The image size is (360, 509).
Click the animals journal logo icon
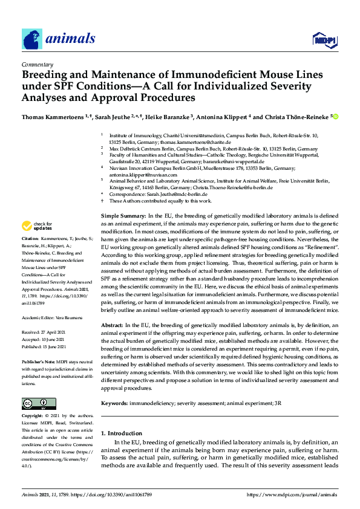pyautogui.click(x=32, y=39)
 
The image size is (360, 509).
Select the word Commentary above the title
pyautogui.click(x=37, y=63)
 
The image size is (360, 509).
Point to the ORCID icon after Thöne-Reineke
pyautogui.click(x=335, y=117)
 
